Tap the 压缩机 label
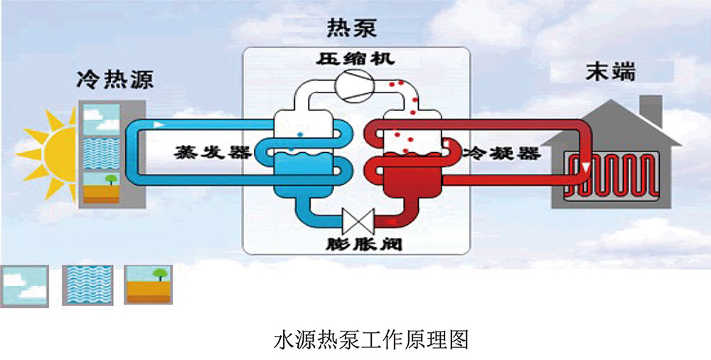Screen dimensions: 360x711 point(355,58)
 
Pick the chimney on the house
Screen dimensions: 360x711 point(649,110)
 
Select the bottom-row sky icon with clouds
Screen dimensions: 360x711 point(25,285)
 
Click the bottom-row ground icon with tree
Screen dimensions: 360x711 point(147,285)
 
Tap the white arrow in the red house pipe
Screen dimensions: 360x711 point(583,169)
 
